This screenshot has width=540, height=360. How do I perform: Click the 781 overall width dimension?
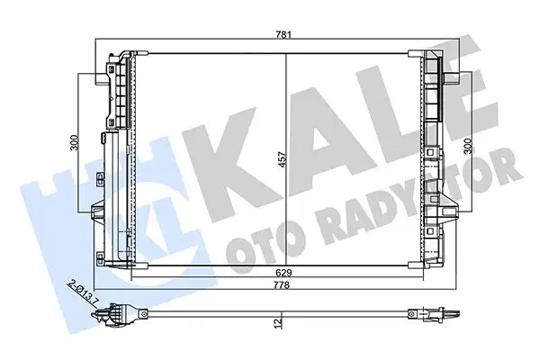(x=284, y=35)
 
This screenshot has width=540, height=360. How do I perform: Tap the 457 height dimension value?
(x=280, y=160)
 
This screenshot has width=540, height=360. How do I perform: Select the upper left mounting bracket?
(x=116, y=90)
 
